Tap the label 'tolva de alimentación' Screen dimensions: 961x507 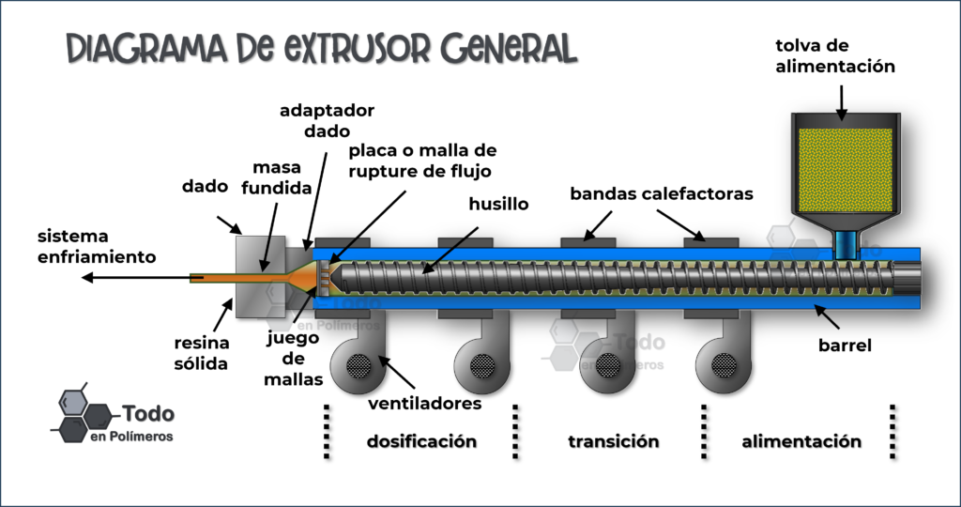[x=835, y=55]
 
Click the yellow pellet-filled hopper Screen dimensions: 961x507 [x=846, y=167]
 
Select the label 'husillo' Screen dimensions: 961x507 [x=499, y=204]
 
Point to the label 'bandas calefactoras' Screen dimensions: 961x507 [x=662, y=193]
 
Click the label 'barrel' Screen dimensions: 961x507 [x=845, y=346]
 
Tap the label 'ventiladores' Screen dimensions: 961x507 [x=425, y=404]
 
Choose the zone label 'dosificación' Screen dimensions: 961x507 [x=421, y=441]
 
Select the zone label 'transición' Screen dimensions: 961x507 [x=614, y=441]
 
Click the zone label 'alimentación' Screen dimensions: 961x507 [x=801, y=441]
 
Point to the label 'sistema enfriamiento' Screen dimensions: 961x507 [x=97, y=246]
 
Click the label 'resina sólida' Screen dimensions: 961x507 [x=201, y=353]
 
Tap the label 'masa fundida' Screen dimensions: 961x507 [x=277, y=177]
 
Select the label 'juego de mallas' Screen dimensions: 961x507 [x=293, y=359]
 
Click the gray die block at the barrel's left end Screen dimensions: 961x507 [x=261, y=276]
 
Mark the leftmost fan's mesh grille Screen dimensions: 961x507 [x=358, y=366]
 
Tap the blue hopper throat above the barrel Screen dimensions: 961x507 [x=846, y=244]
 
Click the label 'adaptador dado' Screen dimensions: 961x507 [x=327, y=121]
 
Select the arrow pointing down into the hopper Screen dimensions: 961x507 [x=842, y=102]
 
